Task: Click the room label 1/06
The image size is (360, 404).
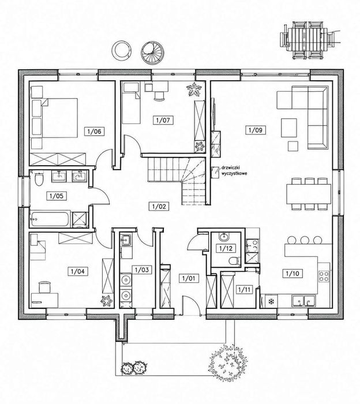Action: [x=95, y=132]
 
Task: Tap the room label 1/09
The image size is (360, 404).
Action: [x=256, y=130]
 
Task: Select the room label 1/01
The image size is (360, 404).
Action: [x=189, y=278]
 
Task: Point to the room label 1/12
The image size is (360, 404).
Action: [x=226, y=248]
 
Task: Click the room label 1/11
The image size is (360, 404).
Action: [x=245, y=289]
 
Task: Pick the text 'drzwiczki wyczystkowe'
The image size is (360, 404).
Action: [x=234, y=171]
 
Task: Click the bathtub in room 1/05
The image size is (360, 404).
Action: [x=50, y=219]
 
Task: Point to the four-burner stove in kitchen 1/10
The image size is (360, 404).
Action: [x=324, y=276]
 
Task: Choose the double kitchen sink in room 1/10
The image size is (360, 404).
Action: [x=304, y=301]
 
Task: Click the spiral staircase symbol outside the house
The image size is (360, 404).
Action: [x=151, y=51]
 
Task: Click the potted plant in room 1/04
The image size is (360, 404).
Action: [x=106, y=301]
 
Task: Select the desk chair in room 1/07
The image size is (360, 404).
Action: [x=159, y=95]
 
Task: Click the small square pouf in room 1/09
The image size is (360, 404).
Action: [x=293, y=146]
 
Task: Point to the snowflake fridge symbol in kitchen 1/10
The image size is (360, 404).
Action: [x=271, y=301]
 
